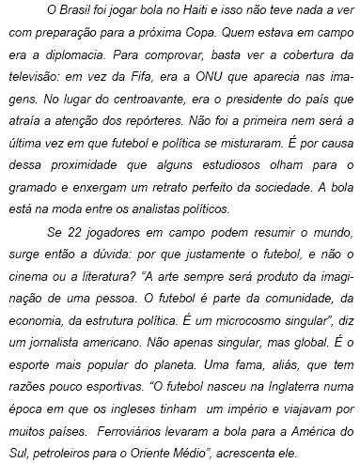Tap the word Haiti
(189, 10)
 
